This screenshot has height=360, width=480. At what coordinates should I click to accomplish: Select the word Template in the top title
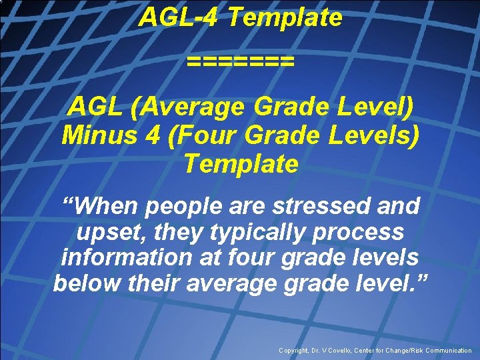coord(285,17)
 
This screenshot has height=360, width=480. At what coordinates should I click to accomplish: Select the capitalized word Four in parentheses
coord(205,135)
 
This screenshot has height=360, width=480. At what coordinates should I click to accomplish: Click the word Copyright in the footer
coord(295,351)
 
